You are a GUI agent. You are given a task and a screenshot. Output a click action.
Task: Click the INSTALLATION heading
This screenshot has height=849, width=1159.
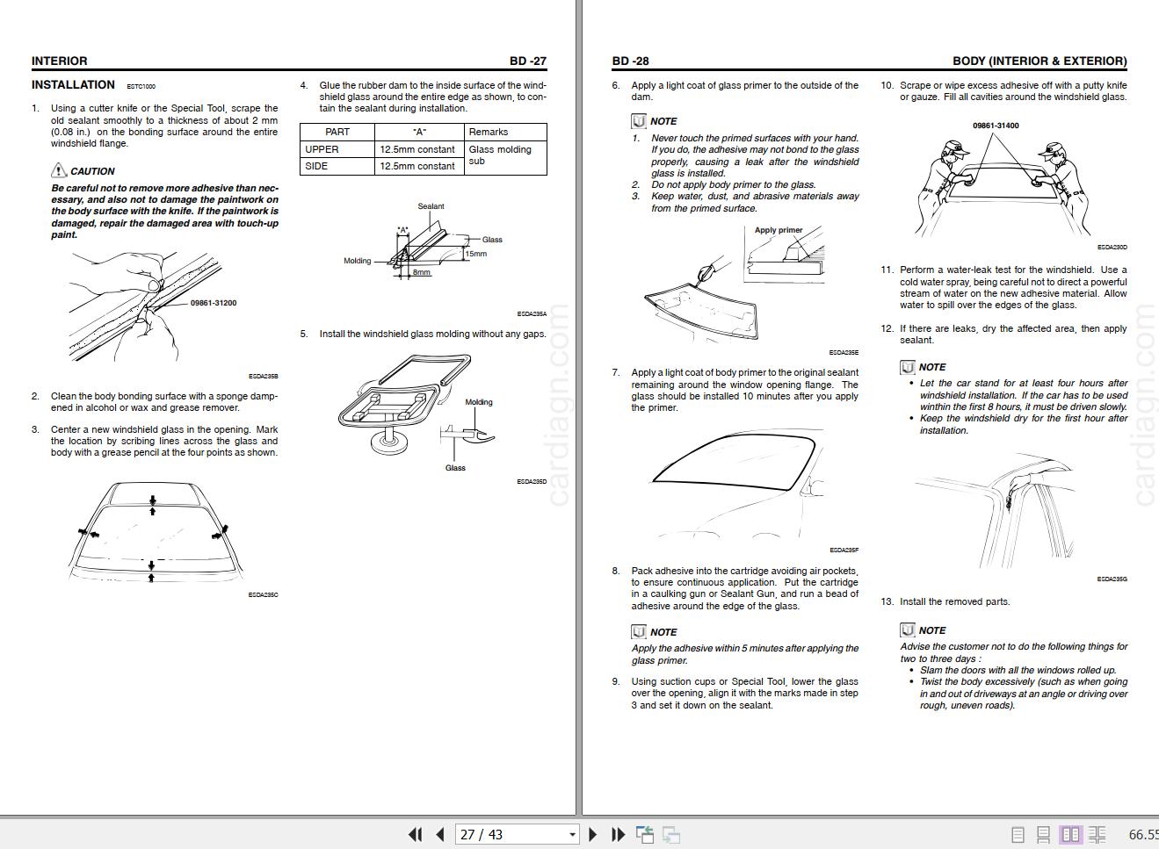tap(73, 85)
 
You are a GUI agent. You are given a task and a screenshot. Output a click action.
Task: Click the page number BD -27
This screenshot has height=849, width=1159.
tap(527, 61)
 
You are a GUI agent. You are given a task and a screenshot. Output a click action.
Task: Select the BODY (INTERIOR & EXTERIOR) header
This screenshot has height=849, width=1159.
tap(1039, 61)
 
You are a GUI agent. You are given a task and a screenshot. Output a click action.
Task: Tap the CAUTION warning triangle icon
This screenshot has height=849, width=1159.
tap(59, 170)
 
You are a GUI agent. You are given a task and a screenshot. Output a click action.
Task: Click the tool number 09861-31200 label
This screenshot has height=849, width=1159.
tap(213, 303)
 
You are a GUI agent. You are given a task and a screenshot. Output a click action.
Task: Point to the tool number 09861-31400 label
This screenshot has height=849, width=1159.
tap(996, 126)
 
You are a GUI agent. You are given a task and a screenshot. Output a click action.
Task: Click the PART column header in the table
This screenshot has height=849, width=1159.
tap(337, 132)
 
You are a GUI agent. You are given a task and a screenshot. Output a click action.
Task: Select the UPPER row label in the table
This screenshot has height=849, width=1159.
tap(322, 149)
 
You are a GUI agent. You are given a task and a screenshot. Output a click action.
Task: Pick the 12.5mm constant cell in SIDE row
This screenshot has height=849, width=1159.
tap(417, 166)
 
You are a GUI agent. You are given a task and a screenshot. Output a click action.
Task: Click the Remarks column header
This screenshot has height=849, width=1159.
tap(489, 132)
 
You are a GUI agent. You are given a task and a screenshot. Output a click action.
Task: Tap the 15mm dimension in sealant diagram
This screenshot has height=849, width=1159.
tap(475, 254)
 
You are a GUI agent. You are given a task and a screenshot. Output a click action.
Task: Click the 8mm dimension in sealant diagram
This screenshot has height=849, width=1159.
tap(422, 272)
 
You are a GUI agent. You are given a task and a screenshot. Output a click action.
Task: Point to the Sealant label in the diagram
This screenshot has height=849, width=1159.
tap(431, 206)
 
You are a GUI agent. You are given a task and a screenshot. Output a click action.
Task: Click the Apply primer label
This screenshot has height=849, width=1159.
tap(779, 230)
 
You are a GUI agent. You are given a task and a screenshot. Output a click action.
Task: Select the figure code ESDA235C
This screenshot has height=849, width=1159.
tap(263, 595)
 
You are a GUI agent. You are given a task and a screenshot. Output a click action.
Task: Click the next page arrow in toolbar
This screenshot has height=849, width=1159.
tap(592, 834)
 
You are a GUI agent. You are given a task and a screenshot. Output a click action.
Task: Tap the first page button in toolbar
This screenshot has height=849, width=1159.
tap(415, 834)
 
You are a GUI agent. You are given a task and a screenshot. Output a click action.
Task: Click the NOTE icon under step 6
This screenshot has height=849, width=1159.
tap(639, 121)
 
